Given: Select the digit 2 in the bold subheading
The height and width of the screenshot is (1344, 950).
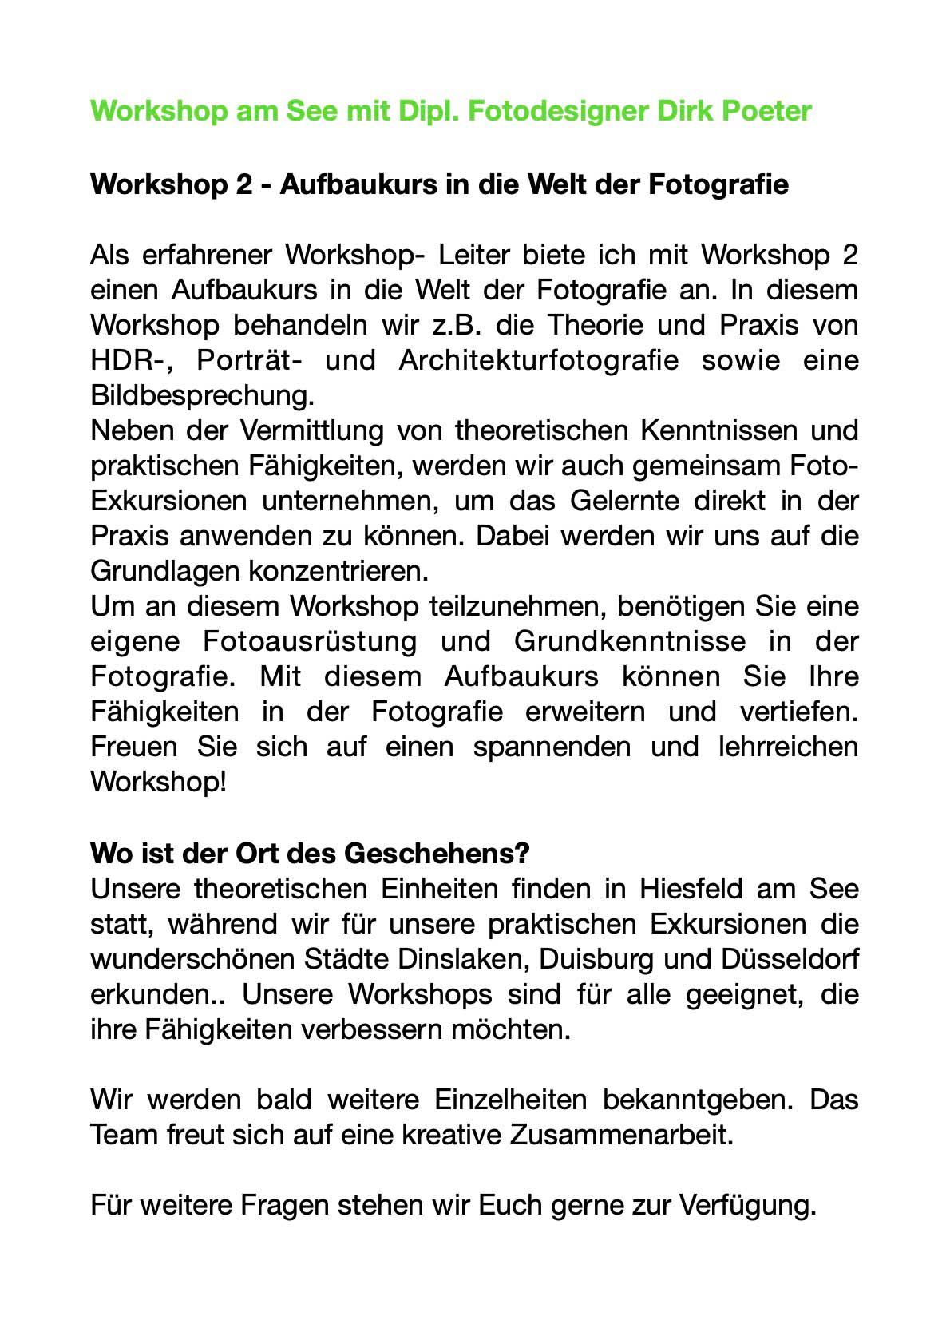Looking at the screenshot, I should pos(243,184).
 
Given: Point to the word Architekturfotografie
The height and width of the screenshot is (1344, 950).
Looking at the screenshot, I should pos(538,361).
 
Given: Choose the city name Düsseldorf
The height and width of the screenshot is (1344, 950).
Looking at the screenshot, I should pos(789,959).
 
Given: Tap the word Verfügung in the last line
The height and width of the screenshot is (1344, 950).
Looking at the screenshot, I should pos(747,1205).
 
